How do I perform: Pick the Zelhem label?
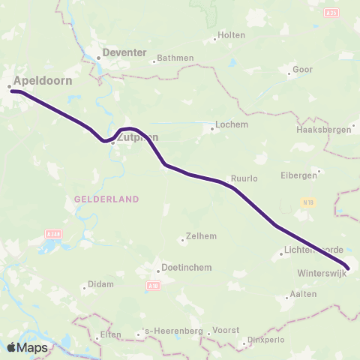[201, 235]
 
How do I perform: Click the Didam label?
[101, 284]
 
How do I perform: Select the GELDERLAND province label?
[107, 199]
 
